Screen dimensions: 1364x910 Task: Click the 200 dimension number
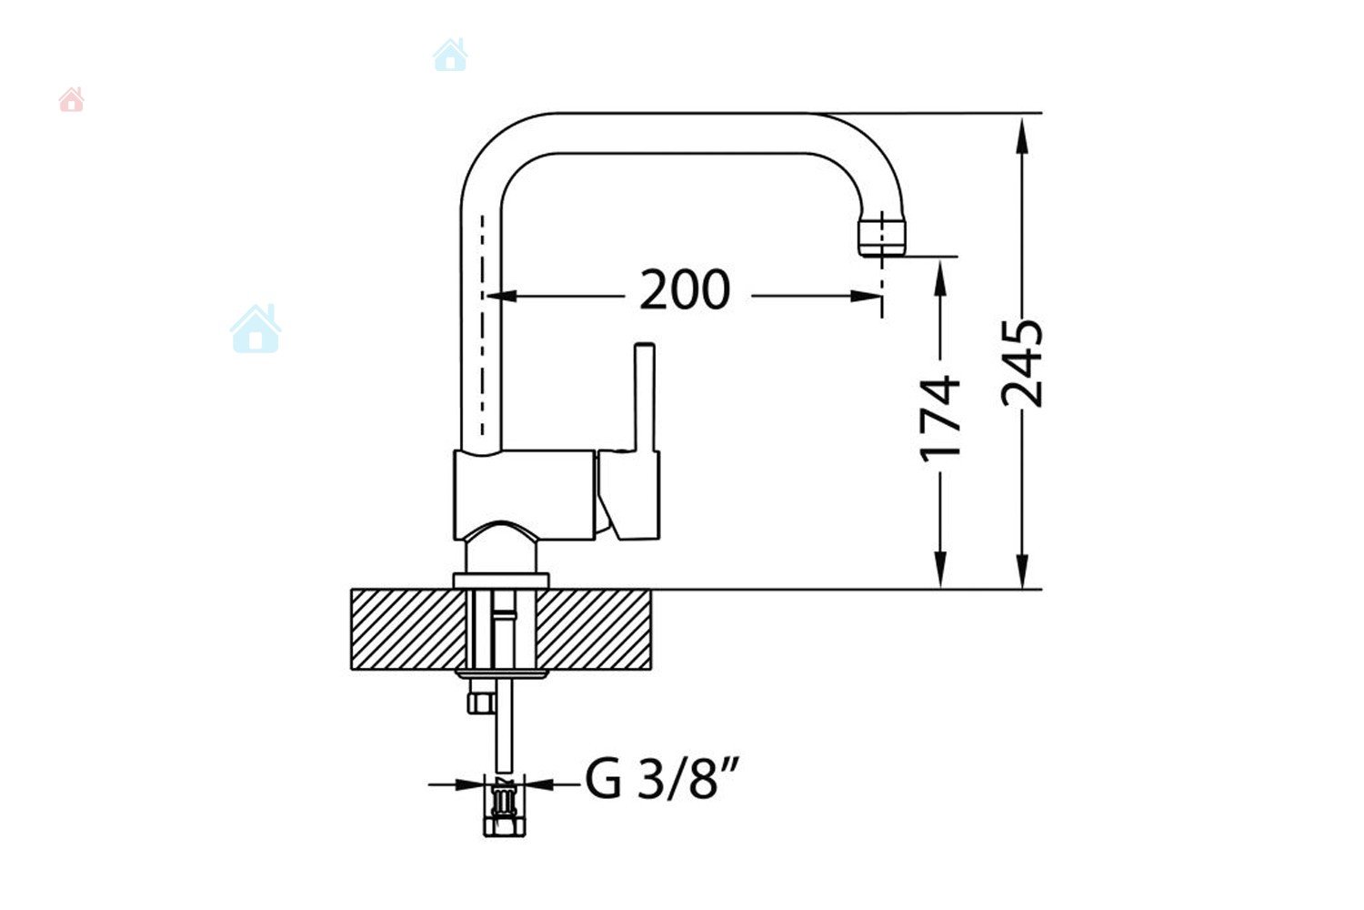[685, 289]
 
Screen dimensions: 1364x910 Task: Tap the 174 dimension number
[939, 420]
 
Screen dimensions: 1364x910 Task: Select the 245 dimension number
[1022, 363]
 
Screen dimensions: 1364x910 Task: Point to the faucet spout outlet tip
[882, 238]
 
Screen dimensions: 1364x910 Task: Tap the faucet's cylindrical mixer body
[525, 495]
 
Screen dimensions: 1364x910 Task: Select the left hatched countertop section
[408, 629]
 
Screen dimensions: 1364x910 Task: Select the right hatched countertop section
[595, 629]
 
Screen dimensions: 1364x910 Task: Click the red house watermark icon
[71, 99]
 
